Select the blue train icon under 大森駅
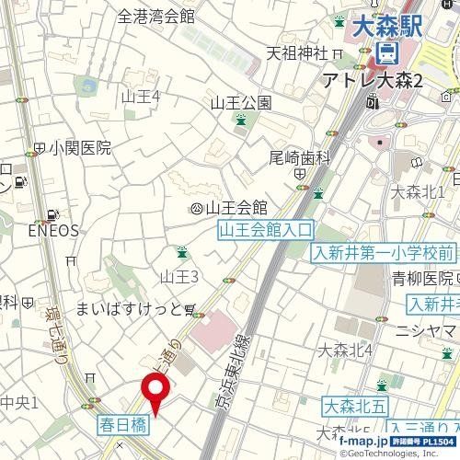tap(388, 52)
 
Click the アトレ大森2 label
tap(372, 82)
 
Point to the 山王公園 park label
tap(240, 102)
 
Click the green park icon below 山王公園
tap(240, 121)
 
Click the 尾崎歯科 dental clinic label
tap(299, 157)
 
